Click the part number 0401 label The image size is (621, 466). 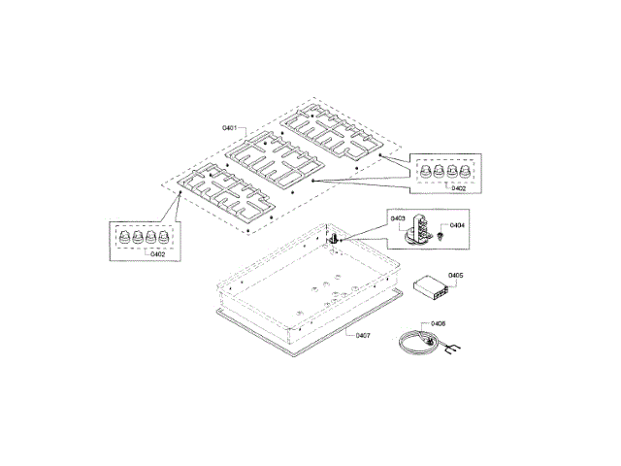(x=230, y=128)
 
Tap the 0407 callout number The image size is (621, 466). (x=361, y=335)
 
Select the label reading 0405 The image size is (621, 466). (x=456, y=276)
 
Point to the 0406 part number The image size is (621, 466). (x=438, y=324)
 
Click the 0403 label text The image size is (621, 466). (x=398, y=219)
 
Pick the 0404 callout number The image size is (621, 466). (x=458, y=225)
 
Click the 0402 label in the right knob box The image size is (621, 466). (x=458, y=189)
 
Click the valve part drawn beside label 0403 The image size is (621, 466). (x=420, y=229)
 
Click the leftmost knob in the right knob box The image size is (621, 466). (x=424, y=171)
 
